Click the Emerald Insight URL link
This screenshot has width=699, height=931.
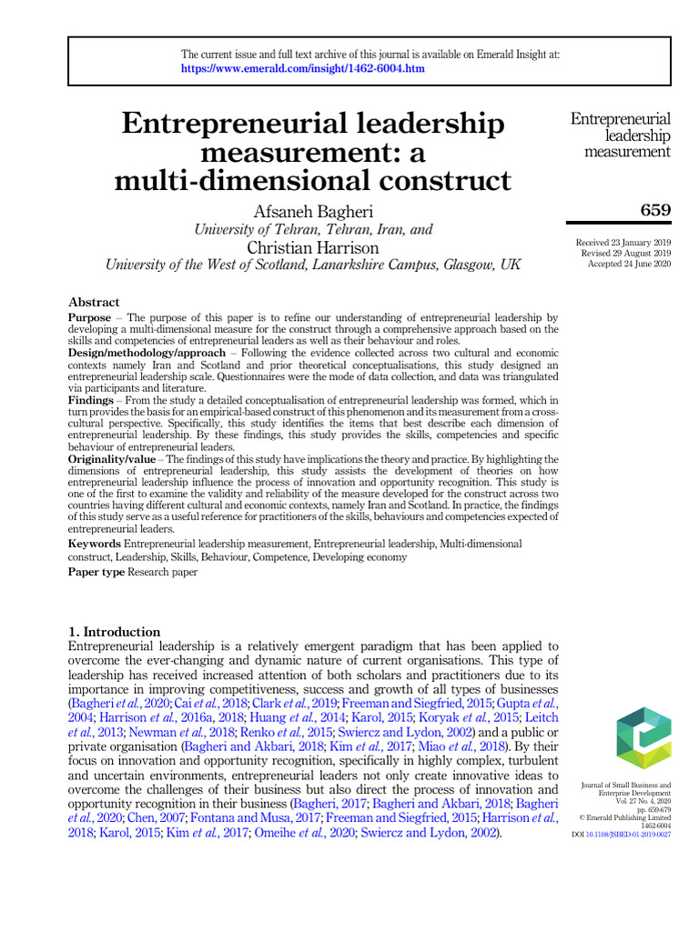tap(302, 68)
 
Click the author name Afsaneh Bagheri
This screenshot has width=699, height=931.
tap(313, 211)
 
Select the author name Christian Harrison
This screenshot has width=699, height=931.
tap(313, 247)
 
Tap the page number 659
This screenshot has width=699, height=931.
tap(655, 211)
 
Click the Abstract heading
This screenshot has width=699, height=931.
tap(94, 302)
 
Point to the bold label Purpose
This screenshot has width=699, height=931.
tap(90, 316)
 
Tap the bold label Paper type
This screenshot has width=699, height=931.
tap(96, 572)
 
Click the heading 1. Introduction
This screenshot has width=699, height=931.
tap(114, 632)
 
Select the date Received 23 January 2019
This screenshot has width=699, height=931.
tap(623, 244)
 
